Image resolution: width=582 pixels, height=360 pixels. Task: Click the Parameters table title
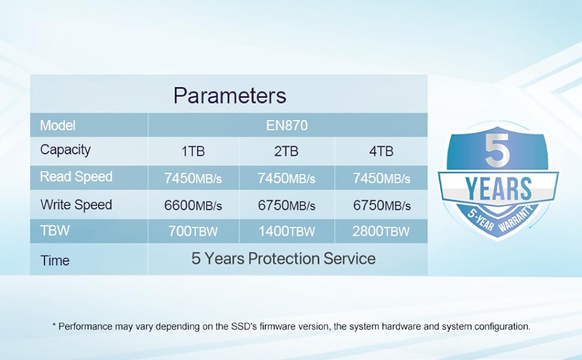(x=230, y=95)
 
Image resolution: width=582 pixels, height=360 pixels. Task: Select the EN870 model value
(x=287, y=125)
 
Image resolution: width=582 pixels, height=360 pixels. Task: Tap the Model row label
(x=58, y=125)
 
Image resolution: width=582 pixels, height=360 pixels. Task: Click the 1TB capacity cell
(x=193, y=151)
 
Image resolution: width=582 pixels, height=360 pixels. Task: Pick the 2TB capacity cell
(x=286, y=151)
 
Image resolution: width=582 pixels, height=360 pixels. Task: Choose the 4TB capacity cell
(x=381, y=151)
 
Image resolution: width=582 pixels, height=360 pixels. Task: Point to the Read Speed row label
(x=76, y=176)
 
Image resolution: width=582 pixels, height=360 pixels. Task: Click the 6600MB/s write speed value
(x=193, y=205)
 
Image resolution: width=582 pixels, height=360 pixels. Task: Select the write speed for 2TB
(x=287, y=205)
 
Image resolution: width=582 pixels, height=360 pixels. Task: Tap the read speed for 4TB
(x=382, y=179)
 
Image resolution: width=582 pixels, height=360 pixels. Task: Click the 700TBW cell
(x=193, y=232)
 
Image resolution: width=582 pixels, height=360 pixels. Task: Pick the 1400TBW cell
(x=287, y=232)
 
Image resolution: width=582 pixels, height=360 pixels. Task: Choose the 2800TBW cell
(x=381, y=232)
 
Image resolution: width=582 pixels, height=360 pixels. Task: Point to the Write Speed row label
(x=76, y=205)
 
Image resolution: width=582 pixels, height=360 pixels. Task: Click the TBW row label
(x=55, y=230)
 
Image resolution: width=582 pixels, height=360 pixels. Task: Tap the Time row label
(x=55, y=260)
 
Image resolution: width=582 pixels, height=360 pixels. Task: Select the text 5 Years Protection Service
(x=284, y=259)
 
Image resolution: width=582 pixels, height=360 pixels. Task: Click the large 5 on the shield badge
(x=497, y=151)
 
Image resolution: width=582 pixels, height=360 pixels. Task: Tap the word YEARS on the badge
(x=498, y=188)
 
